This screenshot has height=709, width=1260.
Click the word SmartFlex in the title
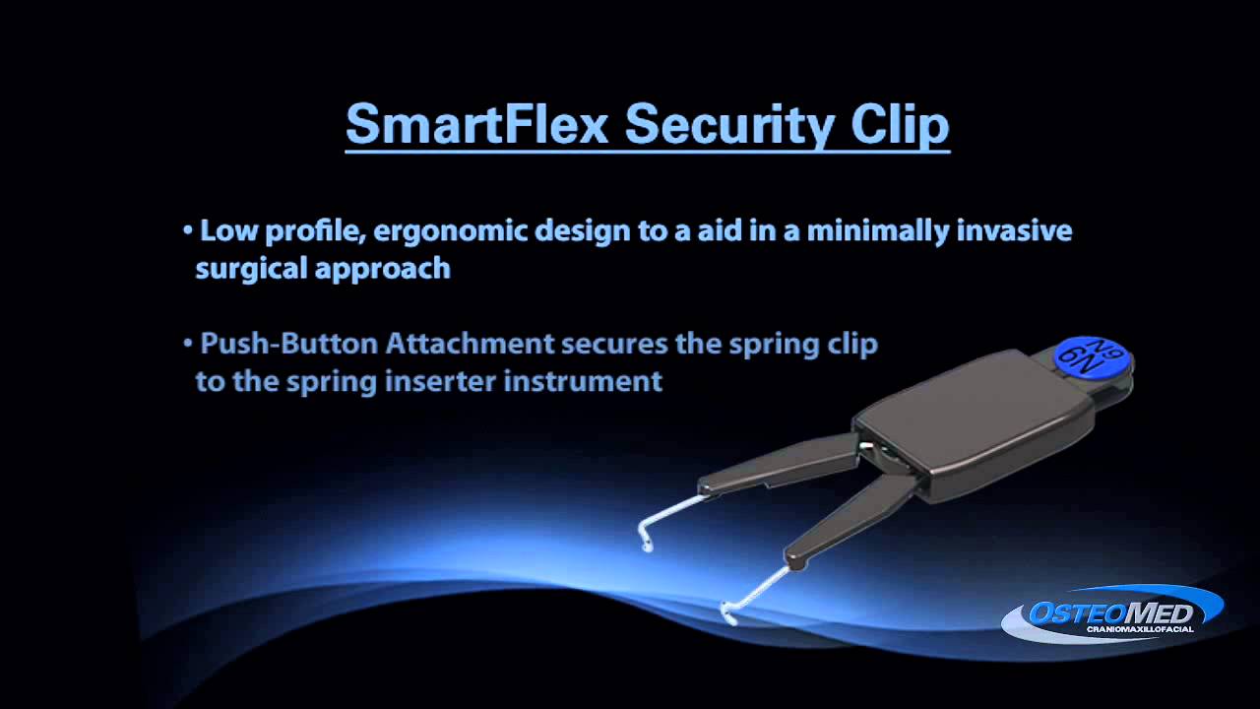pyautogui.click(x=475, y=125)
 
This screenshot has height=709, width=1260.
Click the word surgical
pyautogui.click(x=251, y=268)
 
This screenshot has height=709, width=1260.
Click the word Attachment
pyautogui.click(x=471, y=344)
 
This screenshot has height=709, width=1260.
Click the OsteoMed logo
pyautogui.click(x=1111, y=612)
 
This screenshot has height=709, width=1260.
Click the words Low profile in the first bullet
pyautogui.click(x=283, y=231)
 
